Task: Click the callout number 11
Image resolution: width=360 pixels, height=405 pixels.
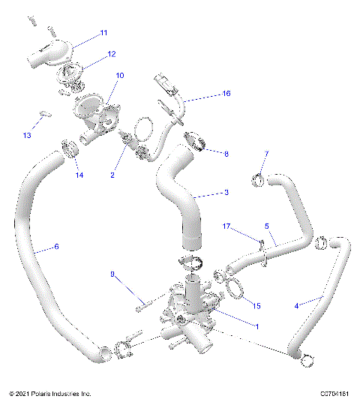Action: (103, 33)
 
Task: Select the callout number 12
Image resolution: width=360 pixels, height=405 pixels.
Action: (111, 54)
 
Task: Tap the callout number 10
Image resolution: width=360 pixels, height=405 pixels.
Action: (120, 76)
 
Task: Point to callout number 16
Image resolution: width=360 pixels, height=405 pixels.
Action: (226, 94)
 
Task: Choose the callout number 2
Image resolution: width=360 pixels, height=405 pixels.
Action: (112, 175)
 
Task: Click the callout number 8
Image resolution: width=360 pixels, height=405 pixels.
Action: (227, 153)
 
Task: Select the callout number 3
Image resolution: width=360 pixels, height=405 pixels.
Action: (226, 193)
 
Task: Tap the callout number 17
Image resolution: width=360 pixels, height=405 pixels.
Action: (226, 226)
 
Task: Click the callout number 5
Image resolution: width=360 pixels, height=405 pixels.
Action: (266, 225)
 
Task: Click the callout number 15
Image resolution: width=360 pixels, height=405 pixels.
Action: (256, 306)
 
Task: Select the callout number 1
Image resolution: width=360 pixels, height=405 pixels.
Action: (258, 326)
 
